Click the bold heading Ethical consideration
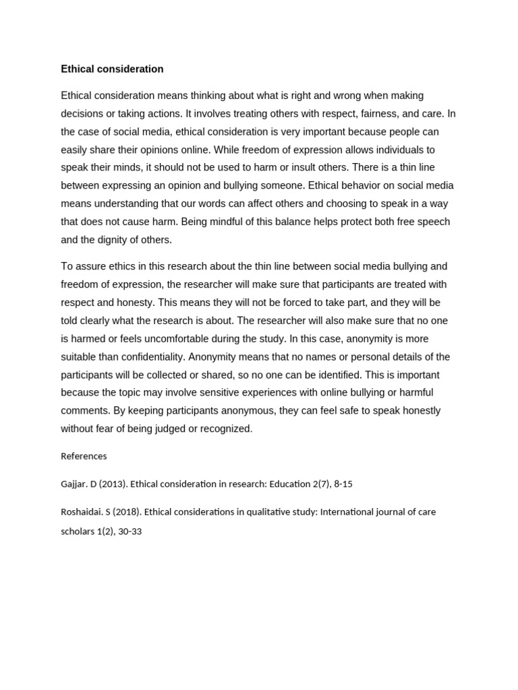(x=112, y=69)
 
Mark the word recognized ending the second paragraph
(x=225, y=429)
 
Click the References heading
(x=84, y=456)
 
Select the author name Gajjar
(x=74, y=484)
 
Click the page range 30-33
(x=128, y=531)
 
